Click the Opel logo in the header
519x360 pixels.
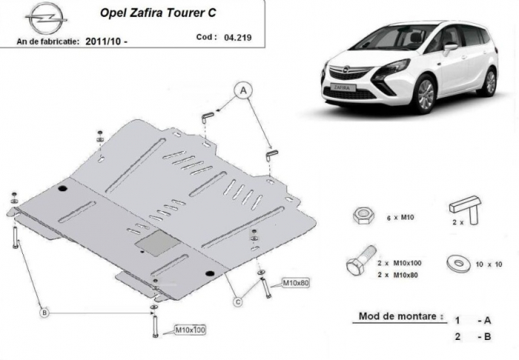46,19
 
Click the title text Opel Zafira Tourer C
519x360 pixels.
158,13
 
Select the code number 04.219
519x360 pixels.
238,38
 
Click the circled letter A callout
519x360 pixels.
243,90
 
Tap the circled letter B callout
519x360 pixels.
44,312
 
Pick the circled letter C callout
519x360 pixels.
238,301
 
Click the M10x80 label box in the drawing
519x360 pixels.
296,283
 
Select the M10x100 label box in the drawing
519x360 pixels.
190,330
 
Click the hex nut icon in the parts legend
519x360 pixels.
363,216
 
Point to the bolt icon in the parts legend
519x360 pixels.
362,261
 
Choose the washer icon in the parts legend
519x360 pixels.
458,263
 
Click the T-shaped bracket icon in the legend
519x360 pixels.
466,209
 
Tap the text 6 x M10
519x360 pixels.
400,218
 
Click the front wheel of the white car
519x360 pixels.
425,93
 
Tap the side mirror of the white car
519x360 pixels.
450,49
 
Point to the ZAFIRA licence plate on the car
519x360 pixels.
343,88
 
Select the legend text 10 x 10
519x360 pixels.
489,264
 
